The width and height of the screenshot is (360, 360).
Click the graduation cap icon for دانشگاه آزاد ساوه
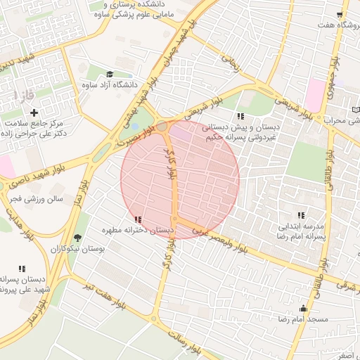[x=110, y=75]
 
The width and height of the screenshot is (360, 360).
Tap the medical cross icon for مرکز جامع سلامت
[x=34, y=112]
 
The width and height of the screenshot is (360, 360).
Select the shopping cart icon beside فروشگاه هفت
[x=340, y=14]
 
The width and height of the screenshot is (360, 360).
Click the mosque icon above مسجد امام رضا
[x=304, y=308]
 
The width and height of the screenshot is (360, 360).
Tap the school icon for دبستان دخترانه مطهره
[x=137, y=219]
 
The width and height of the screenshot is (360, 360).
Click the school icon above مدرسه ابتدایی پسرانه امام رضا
[x=301, y=215]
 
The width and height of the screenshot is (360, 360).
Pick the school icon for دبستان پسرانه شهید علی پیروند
[x=22, y=268]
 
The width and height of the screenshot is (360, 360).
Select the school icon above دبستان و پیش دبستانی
[x=240, y=116]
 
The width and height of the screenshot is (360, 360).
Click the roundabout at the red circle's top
[x=162, y=127]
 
